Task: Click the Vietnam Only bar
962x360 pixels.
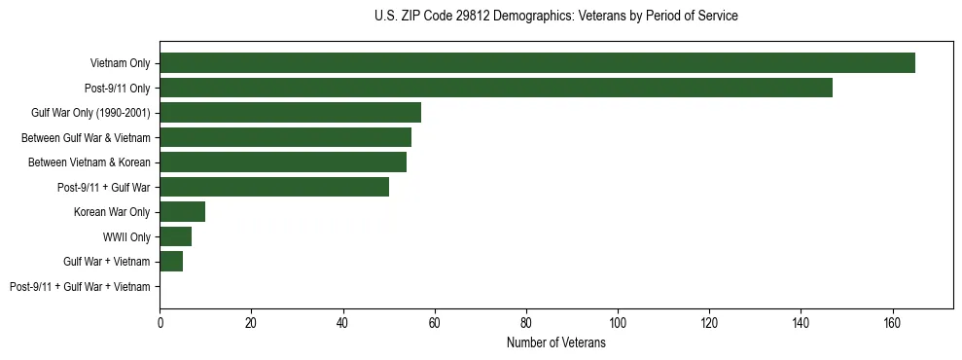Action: (x=537, y=63)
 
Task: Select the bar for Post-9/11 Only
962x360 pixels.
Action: (x=496, y=88)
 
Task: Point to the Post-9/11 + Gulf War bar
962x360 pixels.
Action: (x=274, y=187)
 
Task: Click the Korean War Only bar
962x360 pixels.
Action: (x=183, y=212)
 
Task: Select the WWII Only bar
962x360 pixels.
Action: (x=176, y=236)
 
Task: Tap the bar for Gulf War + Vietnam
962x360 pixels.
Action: (x=171, y=262)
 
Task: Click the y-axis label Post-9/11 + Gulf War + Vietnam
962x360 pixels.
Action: (x=80, y=287)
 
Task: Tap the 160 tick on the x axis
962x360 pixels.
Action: (x=892, y=322)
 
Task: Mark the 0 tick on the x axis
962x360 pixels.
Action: (x=160, y=322)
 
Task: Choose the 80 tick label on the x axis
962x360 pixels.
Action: (x=526, y=322)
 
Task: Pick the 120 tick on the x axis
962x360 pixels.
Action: (x=709, y=322)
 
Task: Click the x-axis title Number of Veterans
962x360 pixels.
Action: (x=556, y=343)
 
